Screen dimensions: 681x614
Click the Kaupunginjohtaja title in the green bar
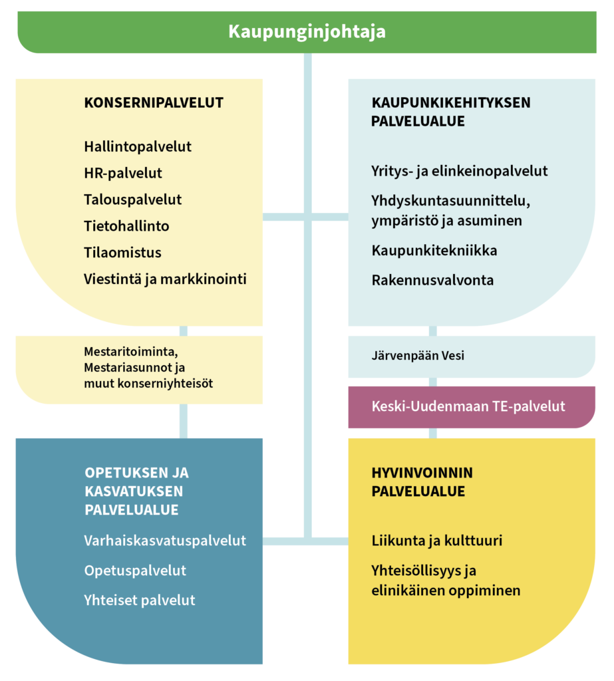coord(307,32)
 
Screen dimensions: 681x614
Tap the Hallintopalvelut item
coord(138,146)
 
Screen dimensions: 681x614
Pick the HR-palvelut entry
coord(123,173)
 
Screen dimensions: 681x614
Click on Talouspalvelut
coord(133,200)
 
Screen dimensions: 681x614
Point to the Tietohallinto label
coord(126,226)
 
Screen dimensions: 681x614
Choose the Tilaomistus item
coord(122,253)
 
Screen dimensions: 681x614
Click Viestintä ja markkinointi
coord(166,279)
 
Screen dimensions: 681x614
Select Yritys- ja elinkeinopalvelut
coord(460,171)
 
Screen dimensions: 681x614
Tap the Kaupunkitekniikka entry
coord(434,251)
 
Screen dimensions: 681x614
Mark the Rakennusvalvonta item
coord(432,280)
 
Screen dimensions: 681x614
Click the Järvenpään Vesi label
coord(418,356)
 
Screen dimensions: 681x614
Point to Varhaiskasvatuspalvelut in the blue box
coord(165,541)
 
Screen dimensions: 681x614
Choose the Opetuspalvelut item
coord(135,571)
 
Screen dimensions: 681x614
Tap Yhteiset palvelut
coord(140,601)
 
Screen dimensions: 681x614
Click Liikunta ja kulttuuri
coord(436,541)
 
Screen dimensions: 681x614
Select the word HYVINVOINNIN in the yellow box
coord(422,473)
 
